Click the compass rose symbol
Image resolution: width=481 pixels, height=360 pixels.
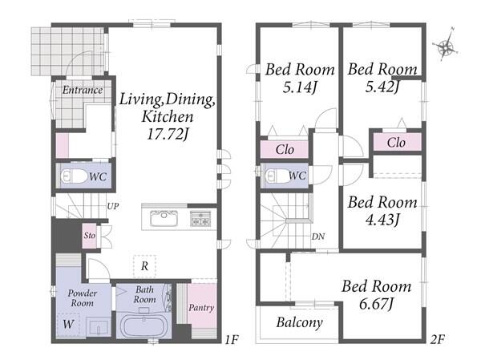click(447, 46)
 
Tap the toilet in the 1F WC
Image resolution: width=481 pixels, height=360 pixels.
click(74, 176)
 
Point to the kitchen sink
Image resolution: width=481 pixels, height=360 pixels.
click(164, 218)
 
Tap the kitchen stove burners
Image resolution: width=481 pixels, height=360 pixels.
click(200, 219)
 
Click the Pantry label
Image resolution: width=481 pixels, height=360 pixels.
click(201, 308)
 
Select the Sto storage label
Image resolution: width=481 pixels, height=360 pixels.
click(90, 236)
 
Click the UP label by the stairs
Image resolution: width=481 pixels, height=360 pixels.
click(113, 207)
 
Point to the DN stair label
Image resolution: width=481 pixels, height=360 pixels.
click(318, 237)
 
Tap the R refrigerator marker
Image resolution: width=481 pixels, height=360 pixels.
click(144, 265)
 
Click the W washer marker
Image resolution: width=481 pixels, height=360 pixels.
click(68, 324)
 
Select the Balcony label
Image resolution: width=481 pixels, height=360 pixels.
click(299, 322)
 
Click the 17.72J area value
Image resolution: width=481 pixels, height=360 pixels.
click(168, 134)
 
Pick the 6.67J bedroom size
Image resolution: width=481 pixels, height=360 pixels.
click(377, 303)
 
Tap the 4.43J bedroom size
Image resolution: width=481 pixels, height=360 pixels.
click(382, 219)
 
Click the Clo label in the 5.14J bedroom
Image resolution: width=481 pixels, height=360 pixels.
click(285, 150)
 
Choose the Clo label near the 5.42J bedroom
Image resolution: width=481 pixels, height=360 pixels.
click(396, 143)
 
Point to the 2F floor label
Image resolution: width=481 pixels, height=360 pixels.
click(437, 339)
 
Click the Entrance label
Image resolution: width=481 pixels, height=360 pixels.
click(83, 91)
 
